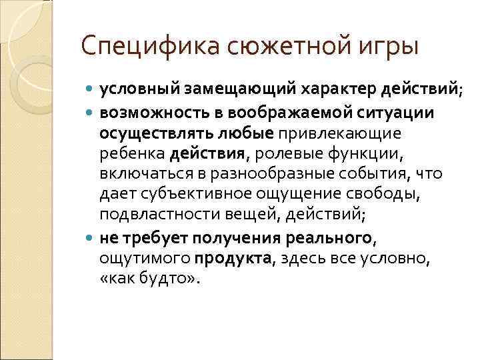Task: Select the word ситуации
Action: click(x=399, y=113)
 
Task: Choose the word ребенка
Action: click(x=132, y=154)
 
